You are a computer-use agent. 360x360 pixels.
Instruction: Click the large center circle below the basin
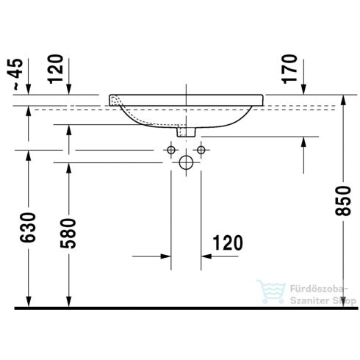[x=187, y=161]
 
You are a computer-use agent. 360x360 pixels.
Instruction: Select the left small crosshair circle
[x=171, y=151]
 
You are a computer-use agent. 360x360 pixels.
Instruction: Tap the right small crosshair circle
[x=199, y=151]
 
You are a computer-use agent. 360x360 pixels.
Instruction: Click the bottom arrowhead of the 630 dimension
[x=27, y=301]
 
